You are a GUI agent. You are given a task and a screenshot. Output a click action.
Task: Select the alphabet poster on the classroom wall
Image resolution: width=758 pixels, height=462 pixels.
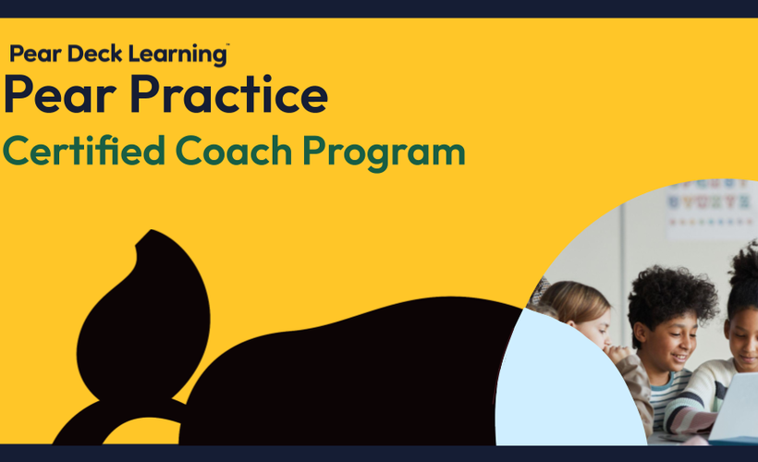coord(711,208)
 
